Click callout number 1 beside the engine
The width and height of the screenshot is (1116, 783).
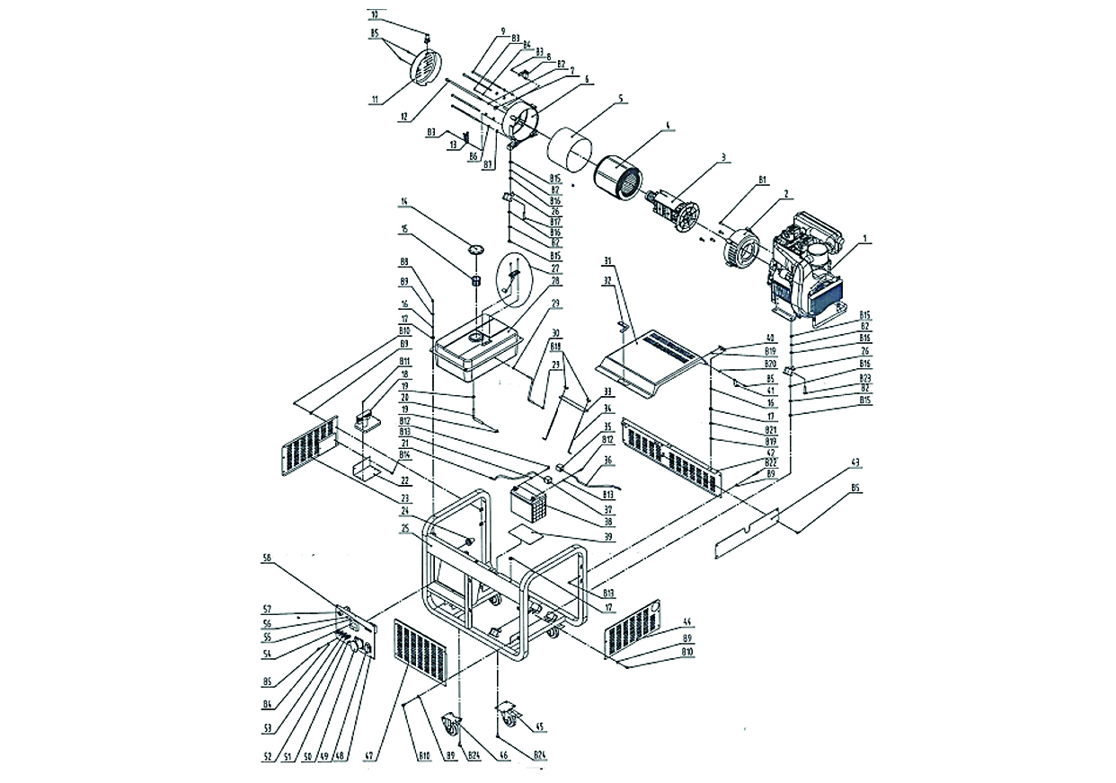(865, 239)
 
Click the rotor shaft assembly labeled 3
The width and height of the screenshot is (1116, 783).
(673, 210)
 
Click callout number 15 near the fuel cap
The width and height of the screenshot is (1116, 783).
(404, 229)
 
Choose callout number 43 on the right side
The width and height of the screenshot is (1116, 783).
(855, 462)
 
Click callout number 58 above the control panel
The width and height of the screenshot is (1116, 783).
(266, 558)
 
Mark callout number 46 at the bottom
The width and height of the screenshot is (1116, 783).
(504, 756)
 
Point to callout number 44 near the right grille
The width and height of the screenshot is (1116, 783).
(687, 621)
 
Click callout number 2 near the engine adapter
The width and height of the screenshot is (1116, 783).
(785, 193)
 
